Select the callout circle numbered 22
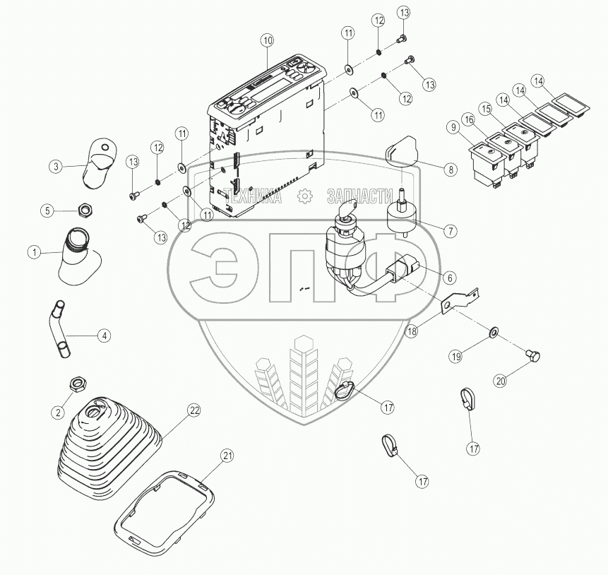pyautogui.click(x=194, y=410)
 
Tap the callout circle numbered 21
pyautogui.click(x=227, y=455)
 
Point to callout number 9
pyautogui.click(x=453, y=128)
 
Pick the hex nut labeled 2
pyautogui.click(x=78, y=384)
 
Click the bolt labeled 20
pyautogui.click(x=533, y=356)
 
